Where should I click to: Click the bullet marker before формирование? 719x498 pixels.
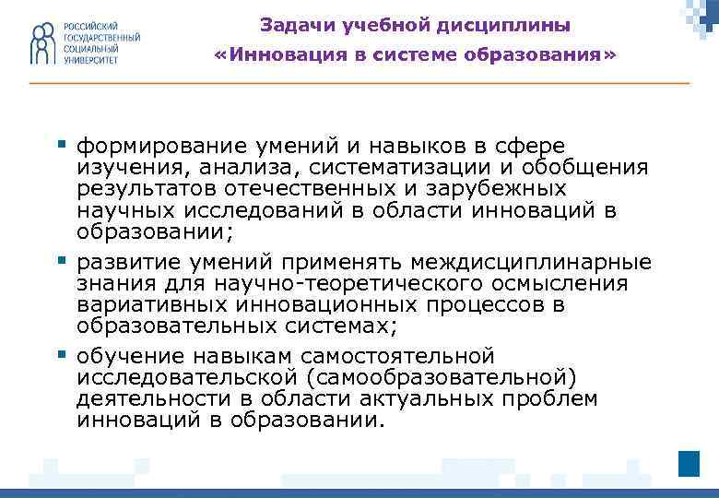(63, 144)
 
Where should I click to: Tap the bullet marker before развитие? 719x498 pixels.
(63, 260)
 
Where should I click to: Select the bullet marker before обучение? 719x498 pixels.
(63, 354)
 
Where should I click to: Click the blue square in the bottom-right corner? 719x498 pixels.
(689, 462)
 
